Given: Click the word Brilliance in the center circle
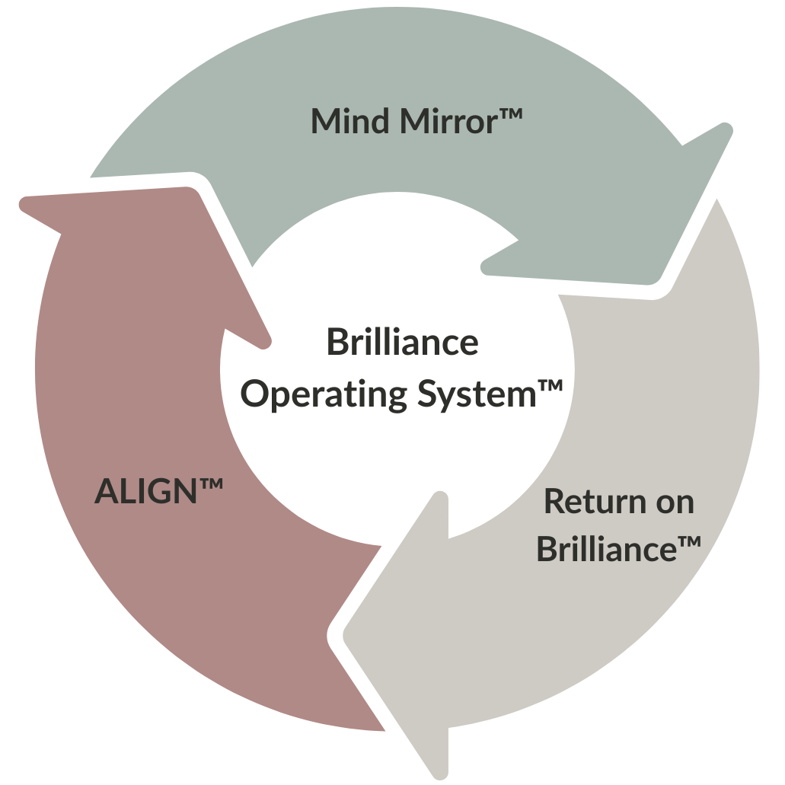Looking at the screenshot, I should pyautogui.click(x=402, y=343).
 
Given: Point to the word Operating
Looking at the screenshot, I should pyautogui.click(x=326, y=396).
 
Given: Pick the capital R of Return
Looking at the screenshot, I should pyautogui.click(x=554, y=503).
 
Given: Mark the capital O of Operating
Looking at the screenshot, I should pyautogui.click(x=261, y=395).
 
